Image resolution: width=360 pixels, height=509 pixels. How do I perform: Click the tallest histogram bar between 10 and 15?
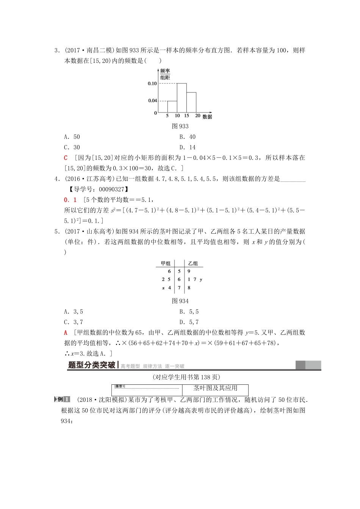click(182, 98)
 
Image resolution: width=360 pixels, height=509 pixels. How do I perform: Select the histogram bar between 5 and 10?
click(172, 107)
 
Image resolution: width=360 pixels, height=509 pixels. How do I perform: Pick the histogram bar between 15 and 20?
click(191, 102)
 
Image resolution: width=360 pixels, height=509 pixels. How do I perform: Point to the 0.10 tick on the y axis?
click(152, 83)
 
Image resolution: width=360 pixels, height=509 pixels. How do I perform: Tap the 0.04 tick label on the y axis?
click(152, 101)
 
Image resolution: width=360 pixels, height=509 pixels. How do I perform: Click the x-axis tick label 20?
click(197, 116)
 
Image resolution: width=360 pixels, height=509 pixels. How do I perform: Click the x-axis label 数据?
click(207, 117)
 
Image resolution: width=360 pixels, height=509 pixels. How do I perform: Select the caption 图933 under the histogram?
click(180, 126)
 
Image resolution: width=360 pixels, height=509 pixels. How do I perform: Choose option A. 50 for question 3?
click(72, 137)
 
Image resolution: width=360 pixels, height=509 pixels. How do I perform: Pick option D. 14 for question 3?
click(188, 147)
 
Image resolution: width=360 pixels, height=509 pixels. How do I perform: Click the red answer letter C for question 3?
click(66, 158)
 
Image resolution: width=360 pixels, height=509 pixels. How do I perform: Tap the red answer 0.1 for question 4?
click(70, 200)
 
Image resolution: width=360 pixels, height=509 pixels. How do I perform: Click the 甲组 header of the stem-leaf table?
click(166, 263)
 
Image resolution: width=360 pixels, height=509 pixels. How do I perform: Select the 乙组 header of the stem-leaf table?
click(193, 263)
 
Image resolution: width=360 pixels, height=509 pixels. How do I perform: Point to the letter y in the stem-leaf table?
click(201, 279)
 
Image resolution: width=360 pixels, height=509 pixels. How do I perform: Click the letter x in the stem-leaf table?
click(163, 288)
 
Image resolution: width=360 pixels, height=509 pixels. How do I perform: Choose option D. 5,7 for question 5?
click(189, 322)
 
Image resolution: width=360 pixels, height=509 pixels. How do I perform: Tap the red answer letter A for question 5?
click(66, 333)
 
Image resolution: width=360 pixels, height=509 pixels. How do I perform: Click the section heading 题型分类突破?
click(91, 365)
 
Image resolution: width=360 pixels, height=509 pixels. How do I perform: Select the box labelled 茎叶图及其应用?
click(215, 388)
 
